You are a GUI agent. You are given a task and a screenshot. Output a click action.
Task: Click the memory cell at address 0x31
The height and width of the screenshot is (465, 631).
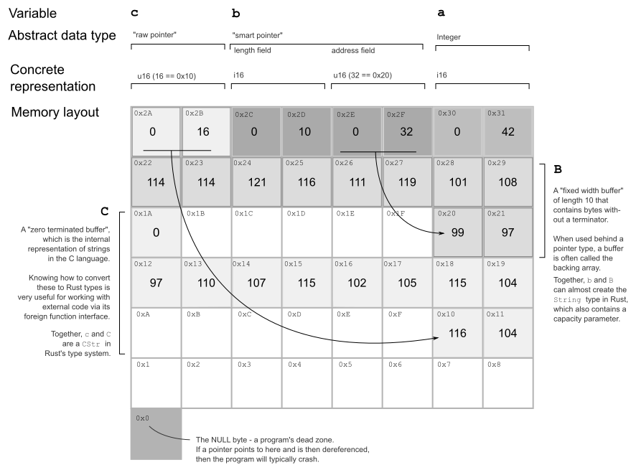(508, 131)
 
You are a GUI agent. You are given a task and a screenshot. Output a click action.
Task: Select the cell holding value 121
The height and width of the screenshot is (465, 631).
(256, 182)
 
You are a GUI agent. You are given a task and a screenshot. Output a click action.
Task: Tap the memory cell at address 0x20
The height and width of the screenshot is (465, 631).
(457, 232)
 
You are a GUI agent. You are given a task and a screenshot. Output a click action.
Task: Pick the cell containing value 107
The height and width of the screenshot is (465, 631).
(256, 282)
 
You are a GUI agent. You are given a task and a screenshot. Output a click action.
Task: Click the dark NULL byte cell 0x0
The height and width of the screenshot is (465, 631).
(156, 433)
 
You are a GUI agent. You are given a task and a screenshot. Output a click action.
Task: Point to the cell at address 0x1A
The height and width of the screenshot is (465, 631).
(156, 232)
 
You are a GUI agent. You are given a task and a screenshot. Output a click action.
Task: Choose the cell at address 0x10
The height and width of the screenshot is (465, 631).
(457, 332)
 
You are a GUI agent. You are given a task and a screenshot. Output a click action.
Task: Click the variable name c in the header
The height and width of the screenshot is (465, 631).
(136, 14)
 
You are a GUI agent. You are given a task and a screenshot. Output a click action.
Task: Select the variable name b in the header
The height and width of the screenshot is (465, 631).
(236, 14)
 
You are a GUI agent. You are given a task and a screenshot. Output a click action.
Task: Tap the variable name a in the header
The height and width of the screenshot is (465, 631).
(440, 14)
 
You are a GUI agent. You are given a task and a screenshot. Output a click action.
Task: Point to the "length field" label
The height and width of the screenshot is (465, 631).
(252, 50)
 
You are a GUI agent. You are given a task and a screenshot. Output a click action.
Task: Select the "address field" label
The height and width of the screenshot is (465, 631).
(352, 50)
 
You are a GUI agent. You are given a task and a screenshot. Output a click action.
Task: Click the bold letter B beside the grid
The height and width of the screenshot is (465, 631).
(558, 172)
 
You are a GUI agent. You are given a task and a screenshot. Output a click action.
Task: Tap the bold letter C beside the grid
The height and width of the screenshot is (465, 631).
(105, 212)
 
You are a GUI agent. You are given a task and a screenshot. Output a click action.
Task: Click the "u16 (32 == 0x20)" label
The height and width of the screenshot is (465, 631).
(362, 75)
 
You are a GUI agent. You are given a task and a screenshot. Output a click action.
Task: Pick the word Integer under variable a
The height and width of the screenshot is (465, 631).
(449, 37)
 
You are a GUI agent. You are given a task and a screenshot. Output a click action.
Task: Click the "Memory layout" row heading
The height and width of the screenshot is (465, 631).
(55, 113)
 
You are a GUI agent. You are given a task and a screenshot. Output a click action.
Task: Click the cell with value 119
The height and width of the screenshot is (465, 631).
(406, 182)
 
